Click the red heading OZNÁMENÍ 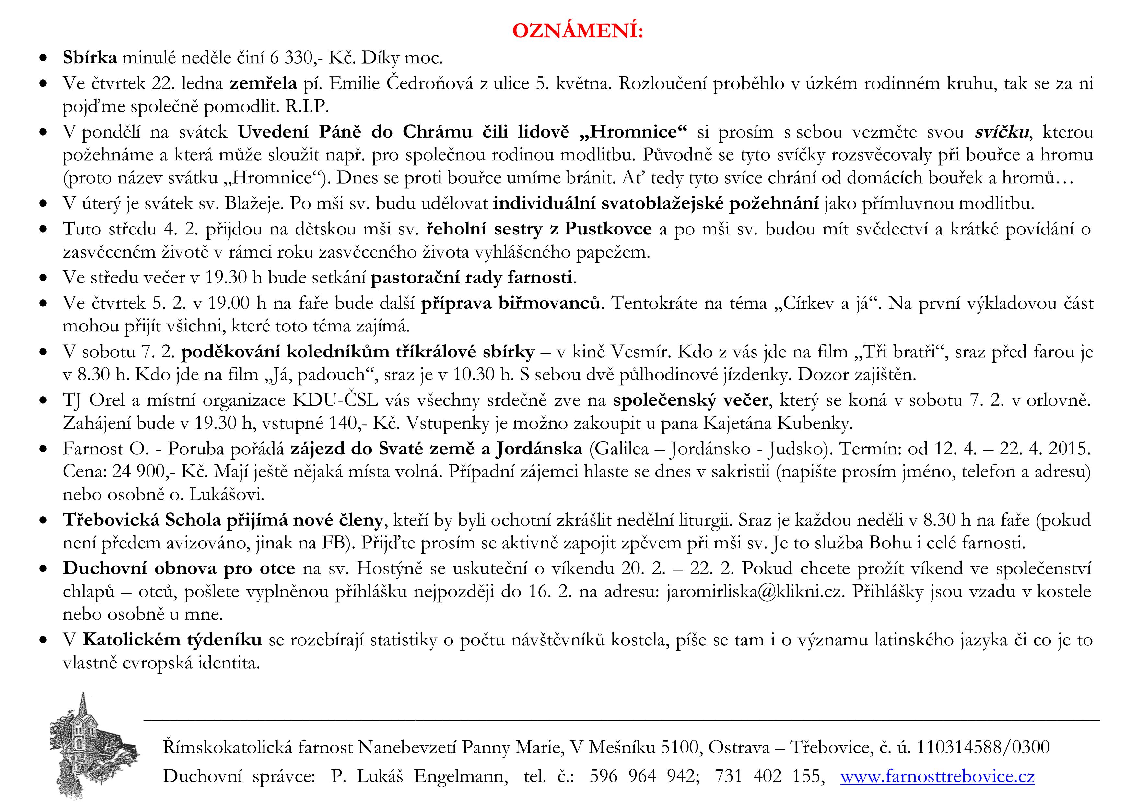(x=578, y=31)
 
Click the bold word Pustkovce (x=608, y=229)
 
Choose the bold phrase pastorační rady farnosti (x=472, y=277)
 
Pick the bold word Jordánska (x=539, y=448)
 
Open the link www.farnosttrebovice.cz (x=937, y=776)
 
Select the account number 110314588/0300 (x=982, y=747)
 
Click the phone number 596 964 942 (x=644, y=776)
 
